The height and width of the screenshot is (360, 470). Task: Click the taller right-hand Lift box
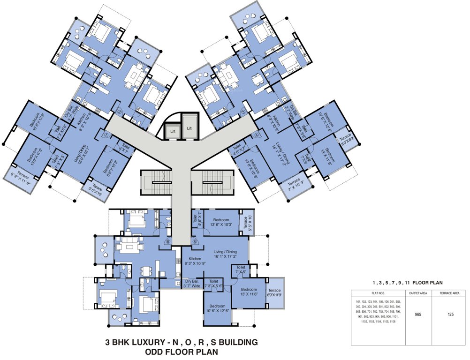coord(190,127)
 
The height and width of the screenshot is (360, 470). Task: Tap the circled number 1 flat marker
coord(106,135)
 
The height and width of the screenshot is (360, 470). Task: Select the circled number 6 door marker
coord(167,241)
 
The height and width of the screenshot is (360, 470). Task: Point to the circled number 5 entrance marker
coord(194,242)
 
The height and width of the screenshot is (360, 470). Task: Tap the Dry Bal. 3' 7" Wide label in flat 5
coord(192,284)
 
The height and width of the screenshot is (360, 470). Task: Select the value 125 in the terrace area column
coord(450,315)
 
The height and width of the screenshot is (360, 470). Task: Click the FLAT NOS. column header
coord(378,293)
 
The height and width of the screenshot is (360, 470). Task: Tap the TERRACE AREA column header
coord(450,293)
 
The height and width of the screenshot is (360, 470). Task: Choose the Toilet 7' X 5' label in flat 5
coord(241,269)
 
